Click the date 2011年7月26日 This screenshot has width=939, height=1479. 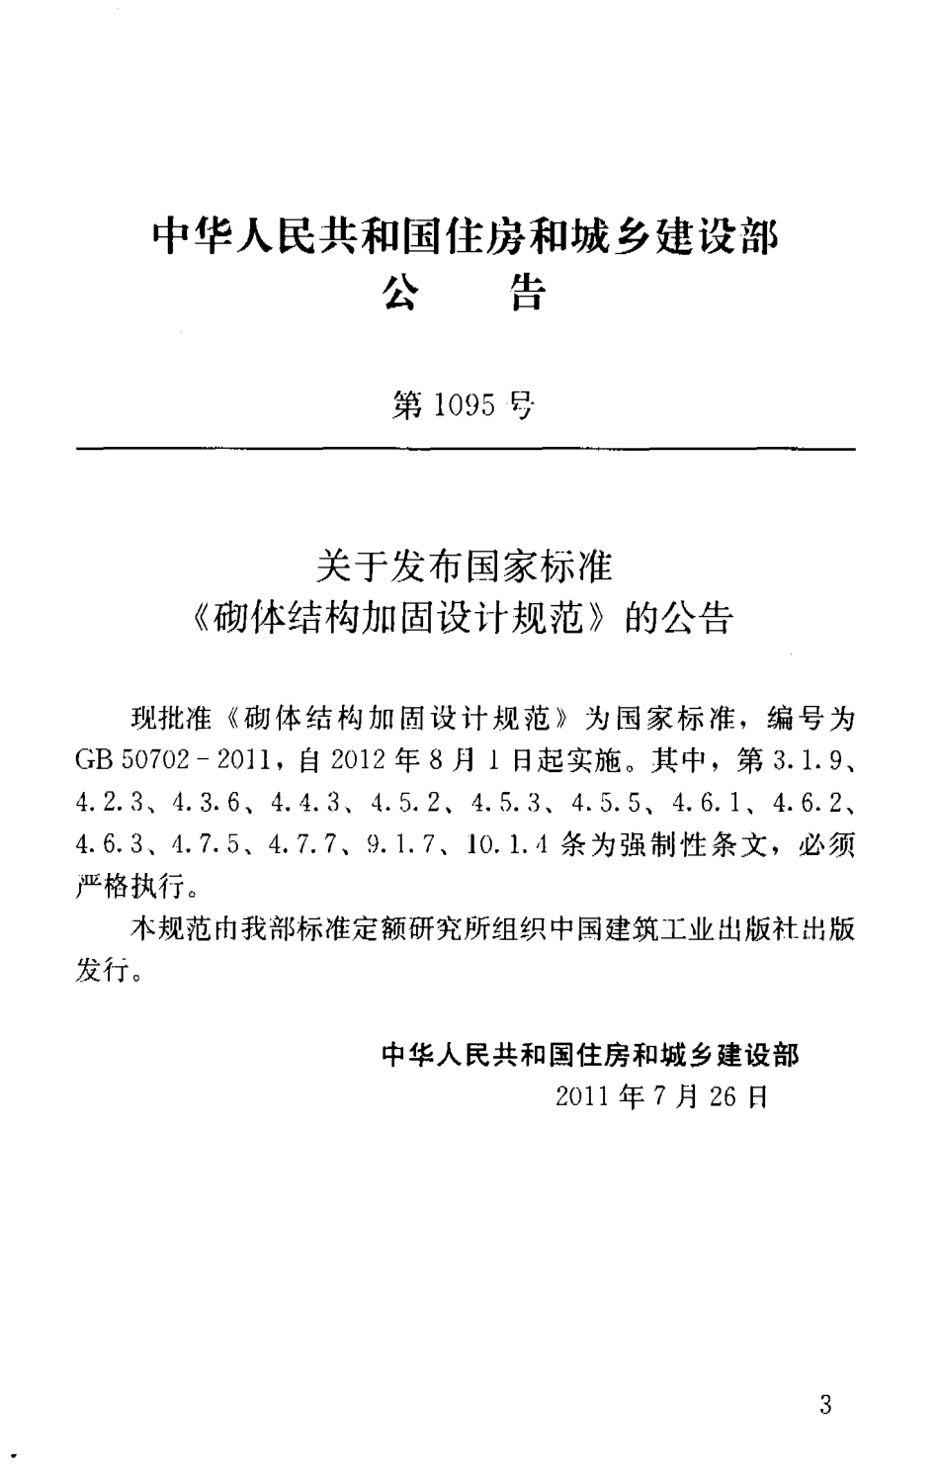(661, 1097)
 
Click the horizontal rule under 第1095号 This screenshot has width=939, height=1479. (465, 450)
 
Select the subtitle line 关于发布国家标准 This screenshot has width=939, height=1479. (464, 568)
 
